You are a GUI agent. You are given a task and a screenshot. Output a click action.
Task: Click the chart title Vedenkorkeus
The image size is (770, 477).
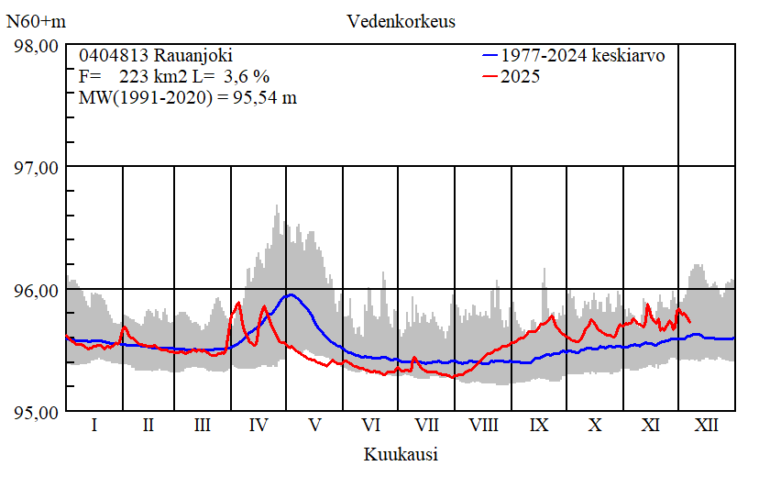click(x=401, y=20)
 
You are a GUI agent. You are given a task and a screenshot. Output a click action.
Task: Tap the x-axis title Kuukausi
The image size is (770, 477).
click(x=401, y=454)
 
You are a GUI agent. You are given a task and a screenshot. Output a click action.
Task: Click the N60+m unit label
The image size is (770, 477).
click(x=35, y=20)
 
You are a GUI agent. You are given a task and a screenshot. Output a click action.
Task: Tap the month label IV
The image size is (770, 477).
click(x=258, y=426)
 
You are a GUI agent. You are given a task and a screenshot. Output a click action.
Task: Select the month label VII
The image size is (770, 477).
click(x=426, y=426)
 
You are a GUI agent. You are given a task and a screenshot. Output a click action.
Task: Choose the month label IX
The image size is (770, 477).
click(x=539, y=426)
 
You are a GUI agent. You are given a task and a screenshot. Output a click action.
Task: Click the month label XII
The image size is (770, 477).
click(x=707, y=426)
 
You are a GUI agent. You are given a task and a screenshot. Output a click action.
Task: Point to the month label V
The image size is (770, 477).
click(x=314, y=426)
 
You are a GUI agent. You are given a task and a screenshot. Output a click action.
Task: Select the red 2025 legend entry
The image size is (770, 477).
click(x=520, y=77)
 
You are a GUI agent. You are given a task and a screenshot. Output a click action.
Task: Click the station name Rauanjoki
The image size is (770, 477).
click(x=187, y=56)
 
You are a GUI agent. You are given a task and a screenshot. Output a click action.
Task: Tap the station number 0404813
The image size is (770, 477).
click(x=110, y=56)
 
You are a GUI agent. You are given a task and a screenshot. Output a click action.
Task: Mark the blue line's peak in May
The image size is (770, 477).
click(x=291, y=294)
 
